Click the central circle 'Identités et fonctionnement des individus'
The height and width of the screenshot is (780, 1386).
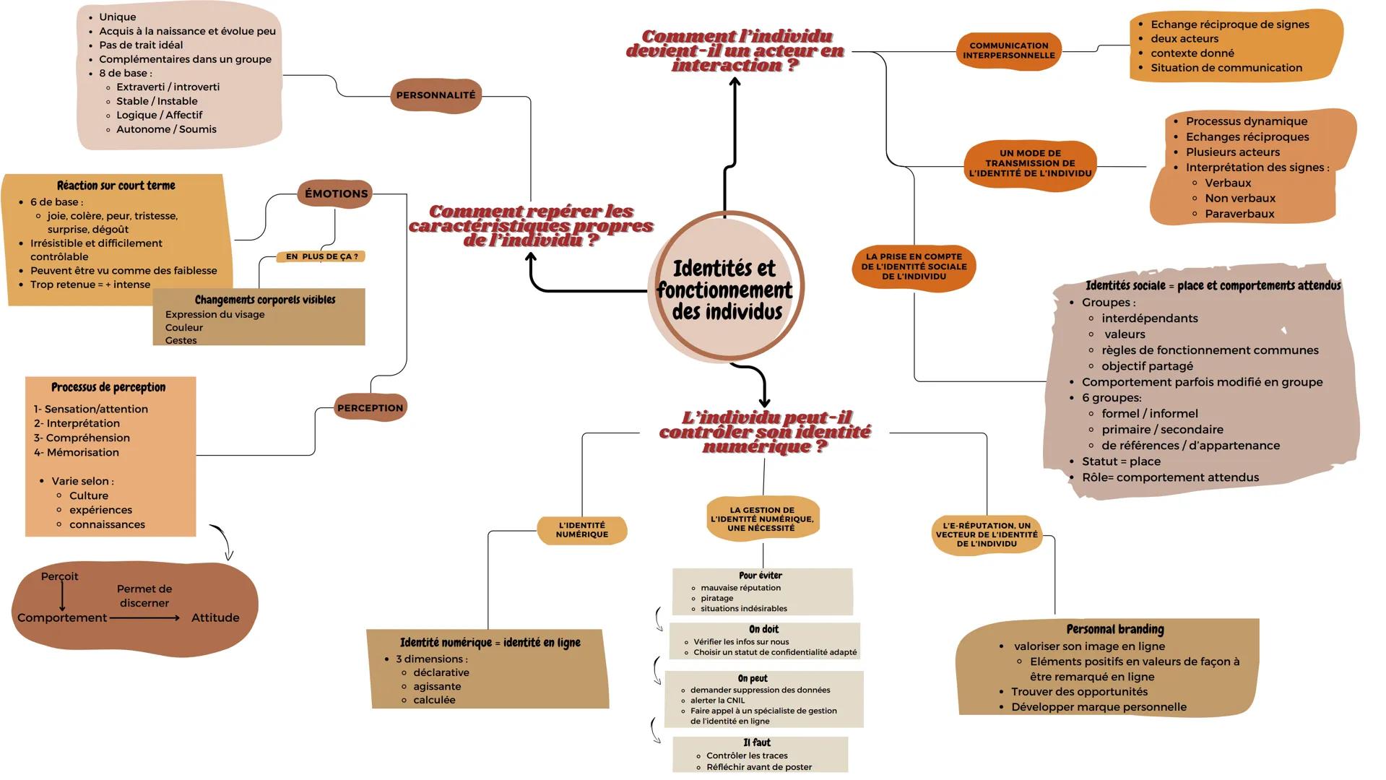coord(725,290)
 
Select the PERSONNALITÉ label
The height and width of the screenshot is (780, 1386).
coord(436,95)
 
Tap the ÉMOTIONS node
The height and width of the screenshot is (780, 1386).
coord(336,194)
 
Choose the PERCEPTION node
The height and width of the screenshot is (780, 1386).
coord(370,408)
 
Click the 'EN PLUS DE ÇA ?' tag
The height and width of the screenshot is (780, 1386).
coord(321,256)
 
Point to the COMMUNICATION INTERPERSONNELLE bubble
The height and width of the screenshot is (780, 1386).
coord(1008,51)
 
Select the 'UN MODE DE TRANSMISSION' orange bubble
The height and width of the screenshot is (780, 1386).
coord(1030,163)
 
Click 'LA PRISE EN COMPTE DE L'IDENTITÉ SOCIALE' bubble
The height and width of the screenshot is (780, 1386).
coord(914,266)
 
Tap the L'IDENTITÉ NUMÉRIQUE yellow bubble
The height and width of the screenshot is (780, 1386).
coord(582,530)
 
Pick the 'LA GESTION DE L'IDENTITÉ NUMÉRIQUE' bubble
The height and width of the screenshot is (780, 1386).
coord(762,519)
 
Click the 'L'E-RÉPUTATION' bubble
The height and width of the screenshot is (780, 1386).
coord(987,535)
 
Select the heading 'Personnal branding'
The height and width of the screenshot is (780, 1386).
coord(1114,629)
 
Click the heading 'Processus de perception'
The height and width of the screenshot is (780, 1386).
coord(108,387)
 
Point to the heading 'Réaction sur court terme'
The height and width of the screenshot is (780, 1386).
coord(116,186)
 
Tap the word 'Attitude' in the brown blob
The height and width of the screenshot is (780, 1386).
coord(215,617)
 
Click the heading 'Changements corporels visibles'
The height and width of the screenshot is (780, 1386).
coord(264,300)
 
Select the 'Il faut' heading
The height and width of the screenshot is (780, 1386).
coord(756,742)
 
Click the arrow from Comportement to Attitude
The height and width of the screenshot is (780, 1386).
coord(144,618)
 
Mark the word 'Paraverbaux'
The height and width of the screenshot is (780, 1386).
coord(1239,214)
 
